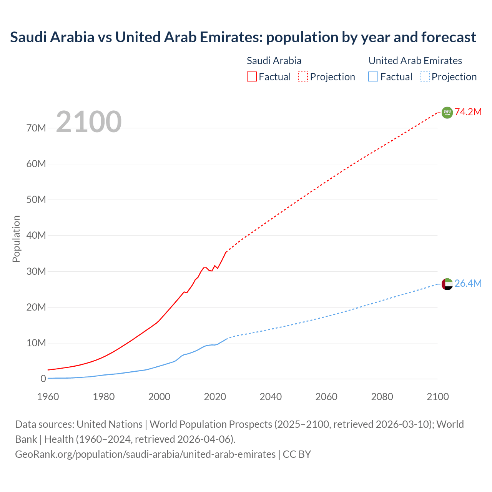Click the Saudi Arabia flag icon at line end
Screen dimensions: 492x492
[447, 113]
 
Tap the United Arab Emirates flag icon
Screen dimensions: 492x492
[447, 284]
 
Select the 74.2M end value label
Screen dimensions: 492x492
[468, 112]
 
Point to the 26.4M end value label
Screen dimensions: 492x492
[468, 283]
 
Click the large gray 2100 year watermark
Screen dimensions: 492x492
[89, 122]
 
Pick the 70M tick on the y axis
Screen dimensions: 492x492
[36, 128]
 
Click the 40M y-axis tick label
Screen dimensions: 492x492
[36, 235]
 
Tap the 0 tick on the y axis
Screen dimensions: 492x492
[43, 379]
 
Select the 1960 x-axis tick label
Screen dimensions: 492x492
[48, 397]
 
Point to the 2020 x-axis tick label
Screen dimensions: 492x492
[215, 397]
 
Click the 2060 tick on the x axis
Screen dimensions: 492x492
[326, 397]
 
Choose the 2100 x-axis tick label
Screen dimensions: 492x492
[437, 397]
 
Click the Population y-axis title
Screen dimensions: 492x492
[16, 239]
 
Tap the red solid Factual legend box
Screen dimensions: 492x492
[252, 77]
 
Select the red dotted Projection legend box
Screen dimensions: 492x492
[303, 77]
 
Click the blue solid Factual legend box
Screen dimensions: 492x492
[373, 77]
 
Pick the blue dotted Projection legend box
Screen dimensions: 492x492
[425, 77]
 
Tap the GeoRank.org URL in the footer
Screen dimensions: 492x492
[145, 454]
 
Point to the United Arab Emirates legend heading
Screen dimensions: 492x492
[415, 61]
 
